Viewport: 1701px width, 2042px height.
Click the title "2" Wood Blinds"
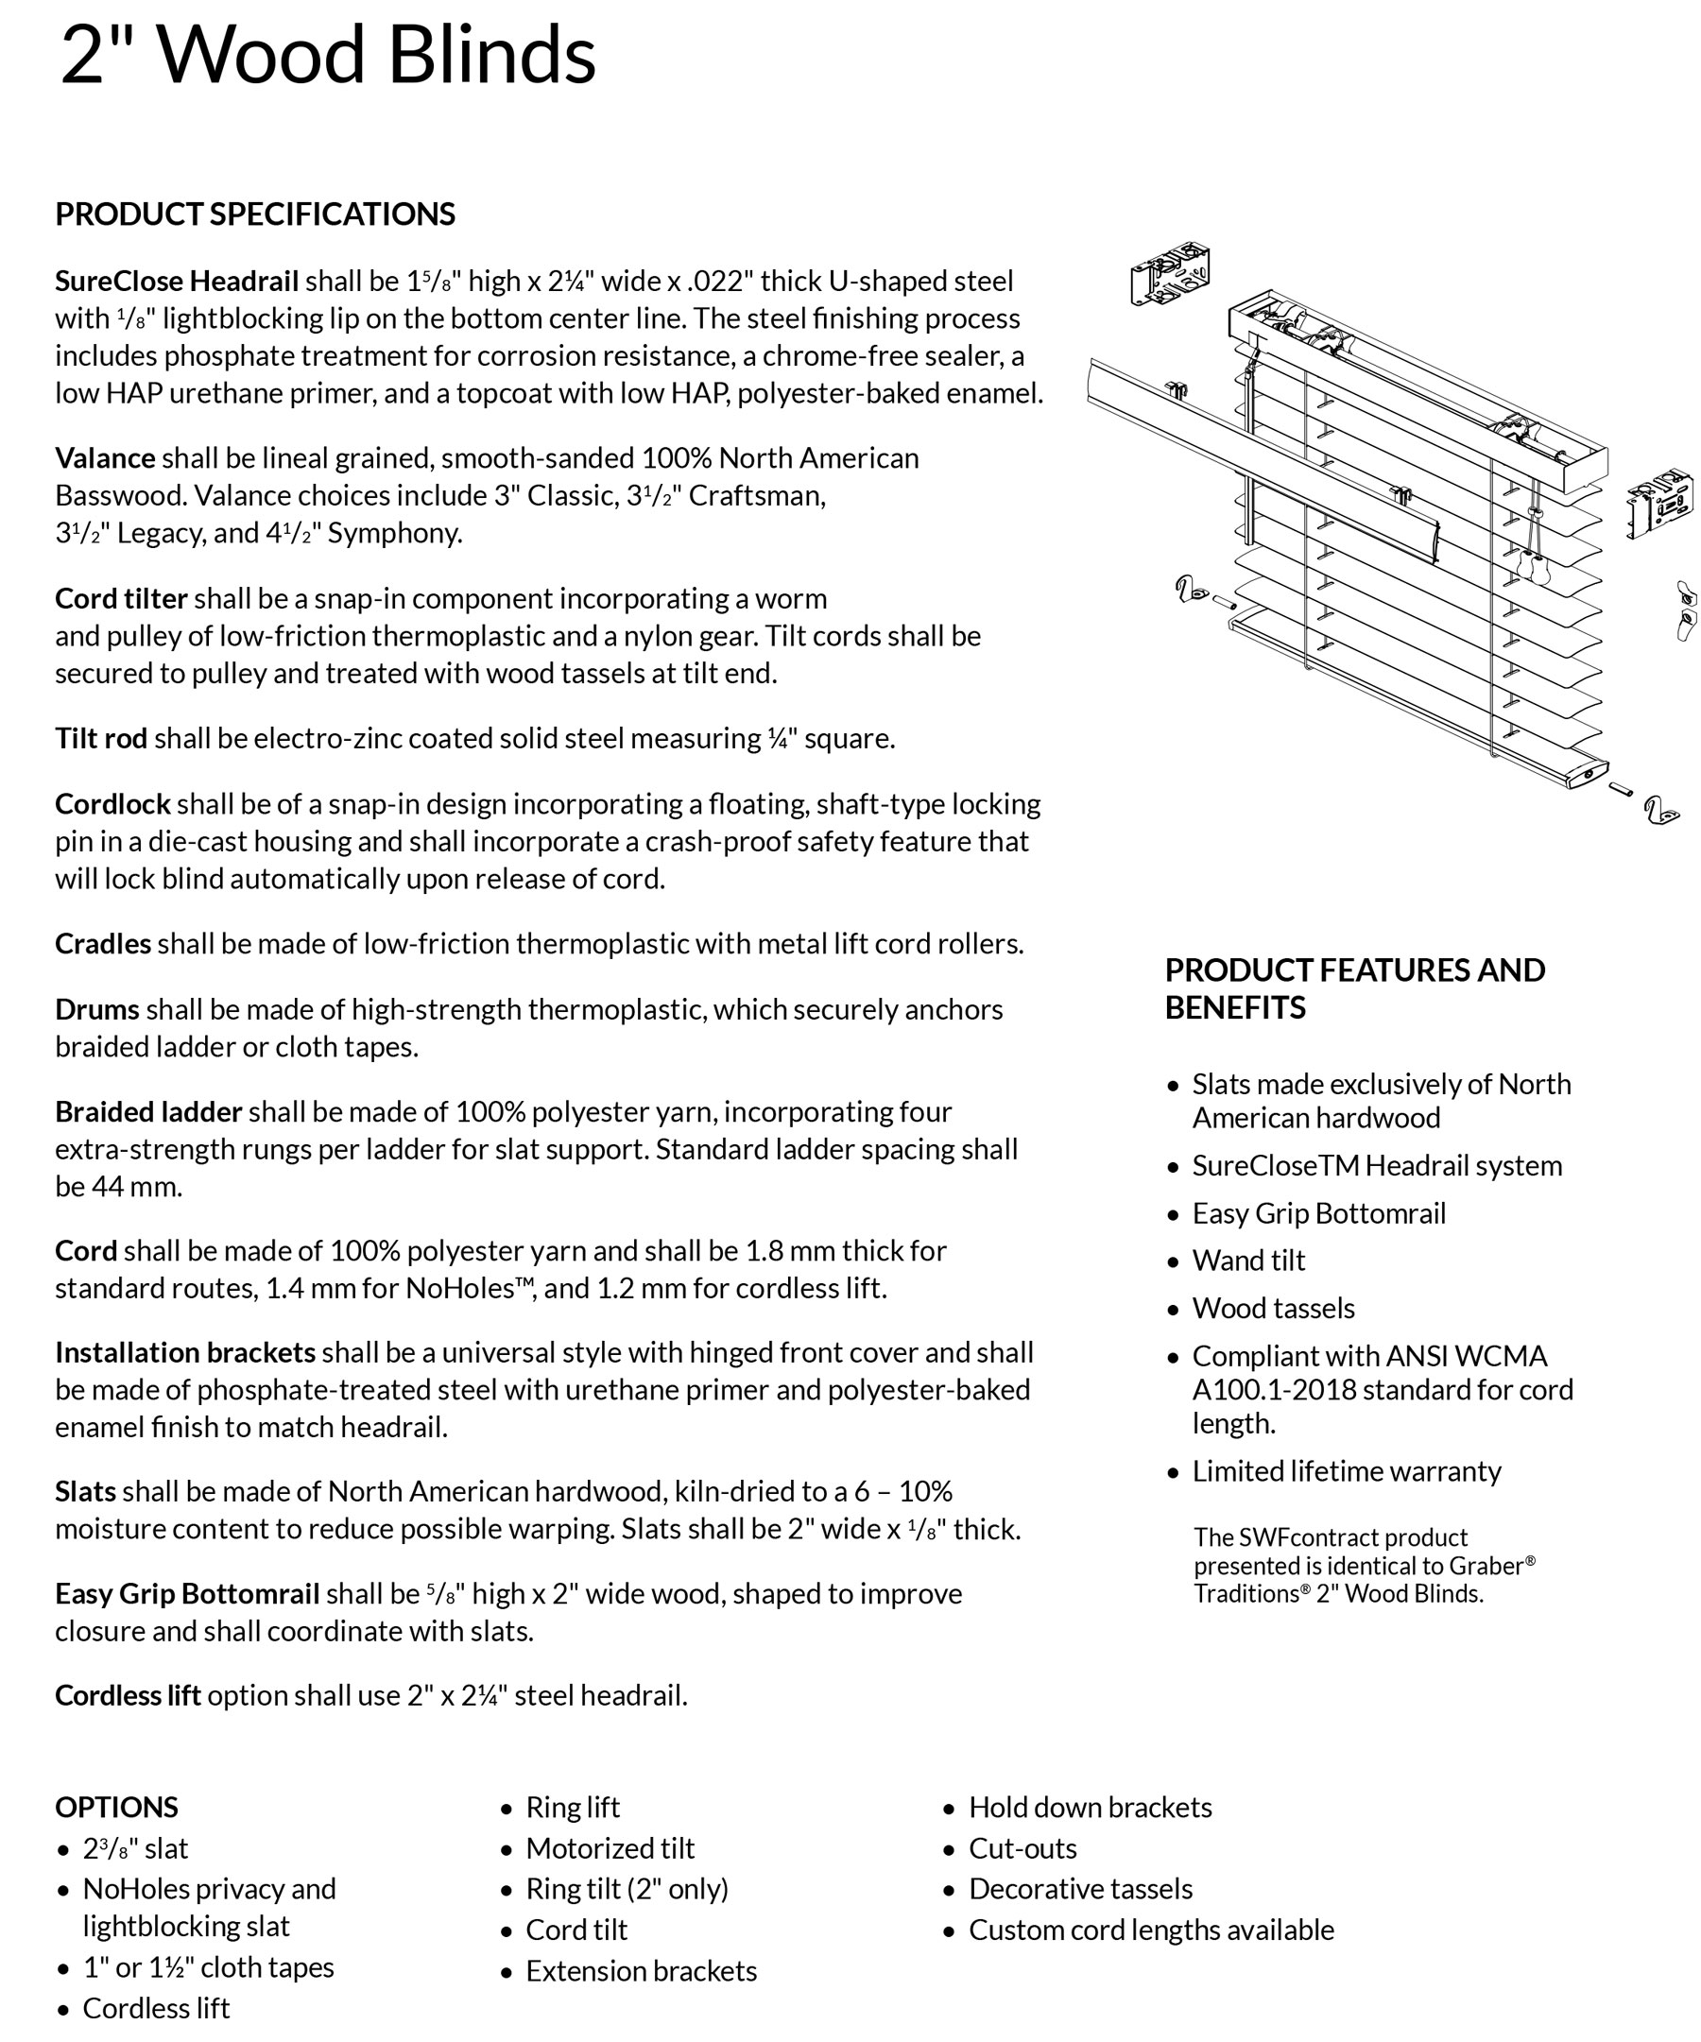click(328, 55)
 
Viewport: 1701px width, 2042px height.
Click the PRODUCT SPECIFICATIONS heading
click(255, 214)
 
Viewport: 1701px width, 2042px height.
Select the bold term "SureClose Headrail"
click(176, 281)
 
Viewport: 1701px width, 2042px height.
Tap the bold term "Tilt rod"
click(101, 738)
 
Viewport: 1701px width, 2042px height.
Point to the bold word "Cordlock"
click(112, 804)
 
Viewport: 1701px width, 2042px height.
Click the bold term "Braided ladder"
click(147, 1111)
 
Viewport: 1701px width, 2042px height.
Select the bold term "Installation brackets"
click(185, 1352)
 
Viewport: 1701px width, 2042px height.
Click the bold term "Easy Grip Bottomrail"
click(187, 1594)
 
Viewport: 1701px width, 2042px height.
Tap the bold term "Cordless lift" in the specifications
click(128, 1696)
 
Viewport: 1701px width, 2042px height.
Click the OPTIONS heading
click(116, 1808)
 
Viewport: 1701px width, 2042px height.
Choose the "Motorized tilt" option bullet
click(610, 1848)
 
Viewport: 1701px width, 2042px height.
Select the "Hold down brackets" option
click(1090, 1808)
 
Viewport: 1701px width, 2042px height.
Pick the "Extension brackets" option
click(641, 1971)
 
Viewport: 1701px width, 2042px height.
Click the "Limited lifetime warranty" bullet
click(1346, 1471)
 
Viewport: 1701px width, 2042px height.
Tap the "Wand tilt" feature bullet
click(1247, 1261)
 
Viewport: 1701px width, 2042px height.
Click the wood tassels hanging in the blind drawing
click(1535, 565)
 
